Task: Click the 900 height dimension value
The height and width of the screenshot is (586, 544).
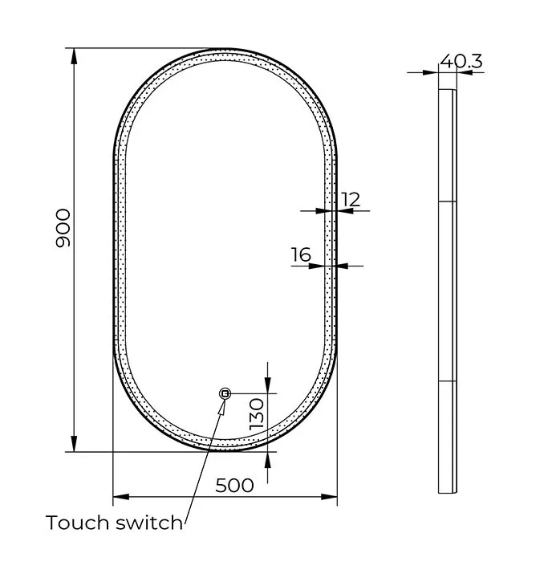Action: [x=63, y=228]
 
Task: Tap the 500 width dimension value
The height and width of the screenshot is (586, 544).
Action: [x=234, y=486]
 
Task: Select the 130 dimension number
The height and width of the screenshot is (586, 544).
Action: [x=257, y=413]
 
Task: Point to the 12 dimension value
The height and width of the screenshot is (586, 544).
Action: [x=351, y=200]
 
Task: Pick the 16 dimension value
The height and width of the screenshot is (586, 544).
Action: [x=301, y=255]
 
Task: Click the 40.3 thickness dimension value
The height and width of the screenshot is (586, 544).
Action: [x=461, y=61]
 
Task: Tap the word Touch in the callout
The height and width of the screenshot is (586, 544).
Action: [x=78, y=522]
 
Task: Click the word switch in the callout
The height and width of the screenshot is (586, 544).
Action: [x=149, y=522]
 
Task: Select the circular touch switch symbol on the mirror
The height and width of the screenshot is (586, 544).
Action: [x=225, y=393]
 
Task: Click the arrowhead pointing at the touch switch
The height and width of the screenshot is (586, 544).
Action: [x=221, y=407]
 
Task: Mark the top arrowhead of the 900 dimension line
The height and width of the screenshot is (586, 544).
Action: [x=75, y=56]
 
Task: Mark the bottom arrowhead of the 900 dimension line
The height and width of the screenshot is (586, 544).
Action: [x=75, y=443]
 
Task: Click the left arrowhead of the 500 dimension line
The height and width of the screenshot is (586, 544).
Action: [x=121, y=497]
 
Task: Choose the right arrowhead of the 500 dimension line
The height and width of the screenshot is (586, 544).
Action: [x=329, y=497]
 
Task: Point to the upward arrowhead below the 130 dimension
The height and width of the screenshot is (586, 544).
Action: [x=267, y=460]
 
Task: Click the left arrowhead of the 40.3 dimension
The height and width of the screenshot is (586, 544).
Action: [x=430, y=72]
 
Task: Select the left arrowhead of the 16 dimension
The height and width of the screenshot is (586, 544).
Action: [x=316, y=266]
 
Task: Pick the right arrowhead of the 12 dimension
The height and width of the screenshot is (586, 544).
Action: [x=345, y=211]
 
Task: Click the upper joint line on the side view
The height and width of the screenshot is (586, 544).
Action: [x=447, y=201]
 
